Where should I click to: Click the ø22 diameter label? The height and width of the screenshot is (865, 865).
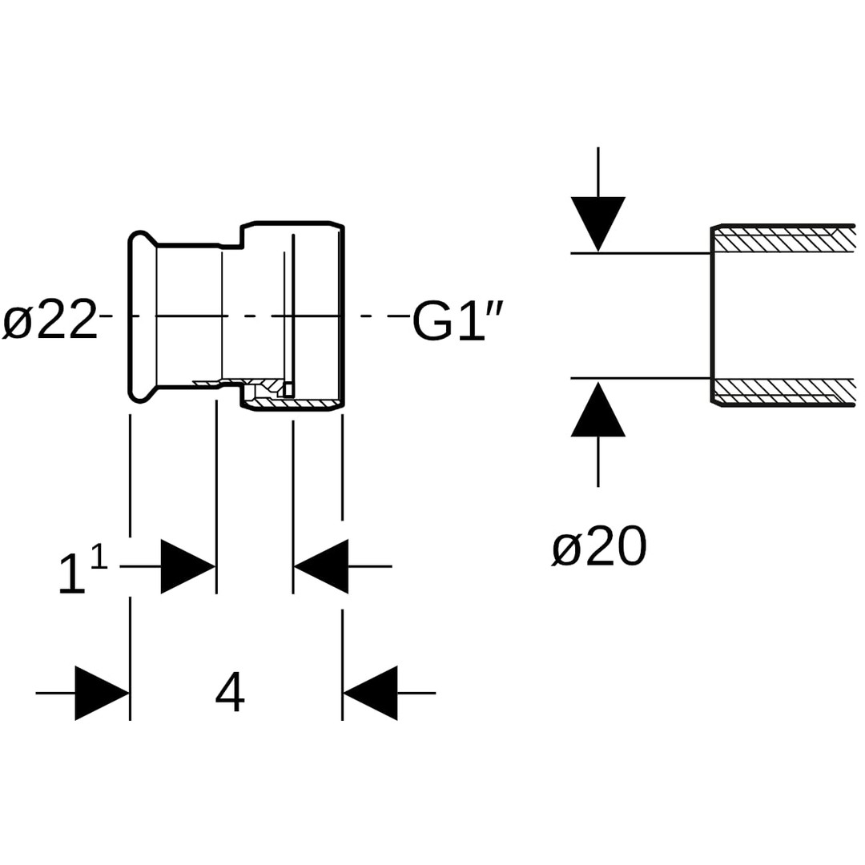coord(50,320)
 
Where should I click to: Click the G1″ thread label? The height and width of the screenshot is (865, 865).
coord(457,320)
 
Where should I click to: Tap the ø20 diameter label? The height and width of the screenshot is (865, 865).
coord(599,548)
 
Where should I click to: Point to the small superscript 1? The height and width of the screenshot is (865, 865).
coord(99,556)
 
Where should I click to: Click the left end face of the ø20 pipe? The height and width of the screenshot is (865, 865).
coord(712,316)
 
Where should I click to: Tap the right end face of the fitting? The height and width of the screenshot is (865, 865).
coord(342,316)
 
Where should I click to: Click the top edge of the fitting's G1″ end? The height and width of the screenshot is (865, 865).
coord(292,223)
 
